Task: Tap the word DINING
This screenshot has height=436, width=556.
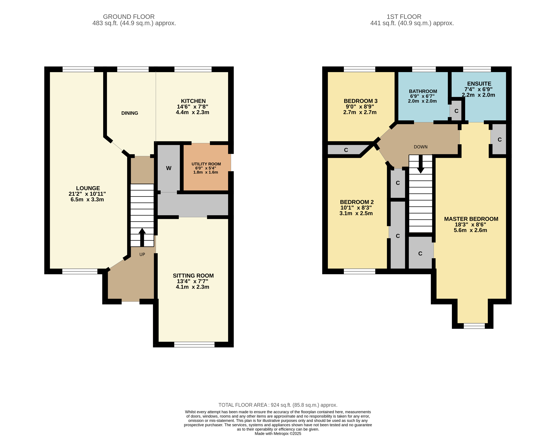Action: click(x=130, y=113)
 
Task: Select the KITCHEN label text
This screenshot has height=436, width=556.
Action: click(x=193, y=101)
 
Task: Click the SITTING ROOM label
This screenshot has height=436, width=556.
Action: click(x=193, y=276)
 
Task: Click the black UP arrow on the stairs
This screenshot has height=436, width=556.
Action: click(x=142, y=237)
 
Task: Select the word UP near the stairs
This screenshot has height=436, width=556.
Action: click(x=142, y=254)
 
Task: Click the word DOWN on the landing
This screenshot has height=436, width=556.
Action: click(x=421, y=147)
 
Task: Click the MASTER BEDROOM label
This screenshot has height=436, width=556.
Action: click(x=471, y=219)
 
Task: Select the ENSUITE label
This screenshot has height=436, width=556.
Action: click(x=479, y=84)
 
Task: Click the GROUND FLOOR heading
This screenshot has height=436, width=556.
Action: click(x=129, y=17)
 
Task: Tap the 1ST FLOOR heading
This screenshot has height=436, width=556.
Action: click(x=404, y=17)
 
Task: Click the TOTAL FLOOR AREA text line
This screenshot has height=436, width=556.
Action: click(x=278, y=405)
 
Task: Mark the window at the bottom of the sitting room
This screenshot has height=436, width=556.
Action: click(x=194, y=345)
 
